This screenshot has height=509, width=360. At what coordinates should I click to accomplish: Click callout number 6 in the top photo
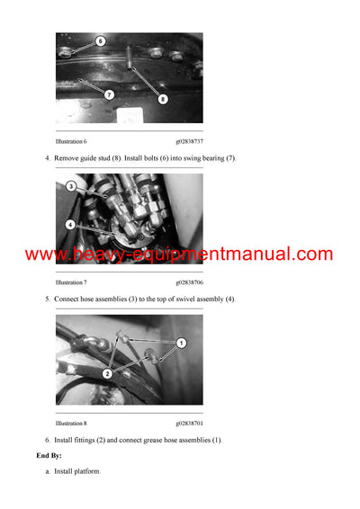[x=100, y=41]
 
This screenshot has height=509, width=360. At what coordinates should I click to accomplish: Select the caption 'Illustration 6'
[x=71, y=141]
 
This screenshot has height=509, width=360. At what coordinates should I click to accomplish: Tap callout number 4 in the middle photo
[x=71, y=224]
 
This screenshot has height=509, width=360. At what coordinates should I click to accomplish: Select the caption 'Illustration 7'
[x=71, y=282]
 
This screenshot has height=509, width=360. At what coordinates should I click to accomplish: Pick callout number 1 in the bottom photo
[x=181, y=343]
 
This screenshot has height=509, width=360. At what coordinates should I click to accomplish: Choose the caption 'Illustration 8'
[x=71, y=423]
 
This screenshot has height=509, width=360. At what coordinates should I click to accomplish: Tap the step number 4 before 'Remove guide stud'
[x=47, y=158]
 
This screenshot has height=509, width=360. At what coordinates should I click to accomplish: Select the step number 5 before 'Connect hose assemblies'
[x=47, y=299]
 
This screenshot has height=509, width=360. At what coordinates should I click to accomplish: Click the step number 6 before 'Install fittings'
[x=47, y=440]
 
